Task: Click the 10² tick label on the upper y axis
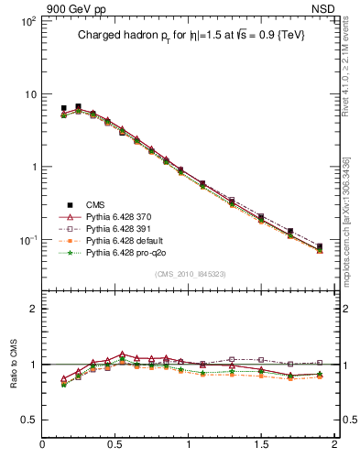(27, 20)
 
